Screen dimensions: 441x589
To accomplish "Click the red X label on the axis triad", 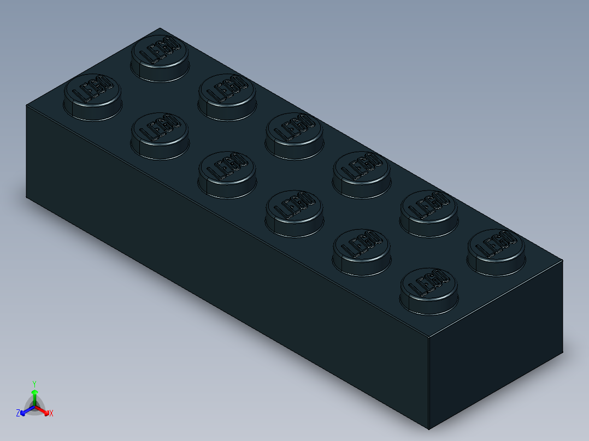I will tap(51, 413).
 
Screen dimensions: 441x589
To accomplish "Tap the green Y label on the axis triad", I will tap(34, 383).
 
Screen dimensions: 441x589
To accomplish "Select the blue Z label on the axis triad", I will tap(18, 413).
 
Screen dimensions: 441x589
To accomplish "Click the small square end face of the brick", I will tap(494, 344).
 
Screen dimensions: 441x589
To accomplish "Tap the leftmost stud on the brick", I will tap(92, 96).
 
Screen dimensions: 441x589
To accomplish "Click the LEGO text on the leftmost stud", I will tap(91, 90).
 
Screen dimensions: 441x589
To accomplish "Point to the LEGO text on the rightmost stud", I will tap(496, 244).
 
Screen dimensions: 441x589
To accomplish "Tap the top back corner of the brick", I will tap(158, 28).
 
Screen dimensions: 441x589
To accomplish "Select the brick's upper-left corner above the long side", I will tap(27, 105).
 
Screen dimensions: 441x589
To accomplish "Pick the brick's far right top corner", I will tap(563, 260).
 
